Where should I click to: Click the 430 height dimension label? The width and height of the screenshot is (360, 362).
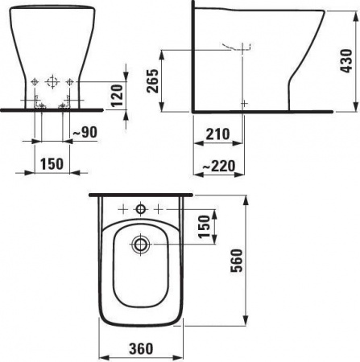click(346, 61)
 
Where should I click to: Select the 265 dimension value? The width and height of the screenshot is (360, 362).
click(152, 81)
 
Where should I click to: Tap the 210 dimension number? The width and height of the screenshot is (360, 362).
click(217, 134)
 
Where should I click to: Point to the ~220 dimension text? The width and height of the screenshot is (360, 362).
click(218, 166)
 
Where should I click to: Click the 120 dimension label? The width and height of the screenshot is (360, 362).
click(117, 96)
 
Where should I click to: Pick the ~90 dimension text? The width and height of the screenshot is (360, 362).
click(85, 132)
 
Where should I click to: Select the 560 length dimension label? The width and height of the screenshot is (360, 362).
click(237, 261)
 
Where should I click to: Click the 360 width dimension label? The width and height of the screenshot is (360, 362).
click(141, 348)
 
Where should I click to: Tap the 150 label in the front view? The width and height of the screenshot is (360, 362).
click(52, 164)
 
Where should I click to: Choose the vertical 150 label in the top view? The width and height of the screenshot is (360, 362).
click(204, 227)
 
